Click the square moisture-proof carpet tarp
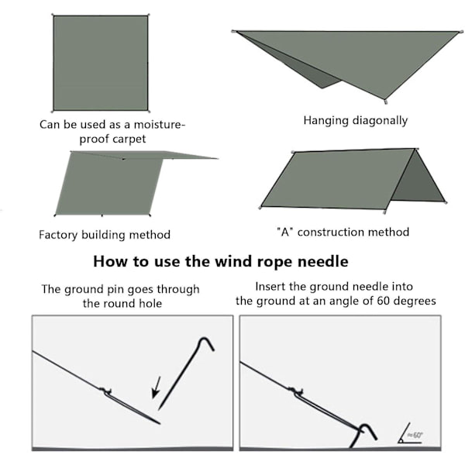coord(101,64)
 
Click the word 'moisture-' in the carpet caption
coord(159,125)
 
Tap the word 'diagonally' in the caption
coord(381,121)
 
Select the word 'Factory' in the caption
coord(58,235)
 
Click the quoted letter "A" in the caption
coord(285,232)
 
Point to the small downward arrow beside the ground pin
coord(157,387)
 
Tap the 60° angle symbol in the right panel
coord(411,433)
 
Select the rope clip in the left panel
coord(105,391)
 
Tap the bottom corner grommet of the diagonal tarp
coord(385,102)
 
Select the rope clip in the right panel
coord(296,391)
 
